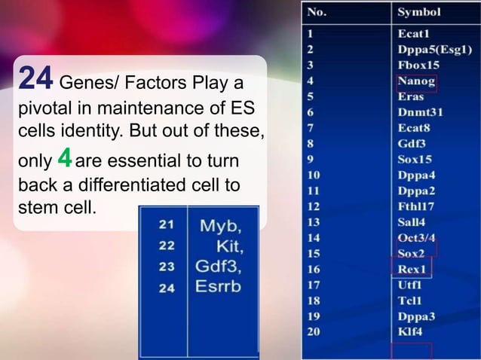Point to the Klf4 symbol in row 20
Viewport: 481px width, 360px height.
click(409, 331)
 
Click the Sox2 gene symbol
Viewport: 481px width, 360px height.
click(411, 254)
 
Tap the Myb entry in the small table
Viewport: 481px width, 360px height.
click(219, 226)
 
